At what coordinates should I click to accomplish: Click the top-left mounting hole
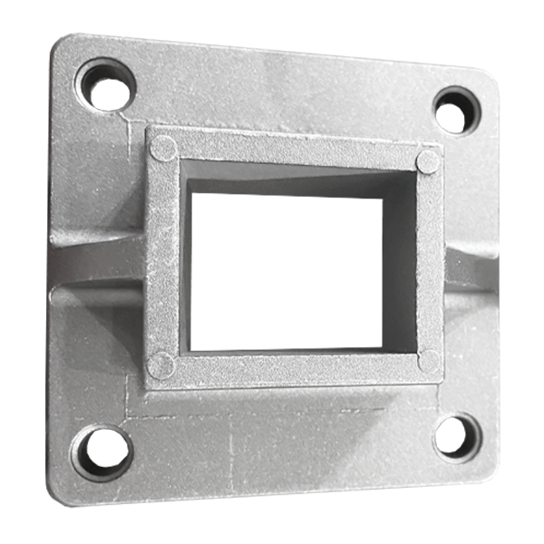tap(106, 85)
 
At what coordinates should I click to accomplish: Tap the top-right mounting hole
tap(455, 110)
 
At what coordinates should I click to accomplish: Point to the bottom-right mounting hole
tap(456, 437)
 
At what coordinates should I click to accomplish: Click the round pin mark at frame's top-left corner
tap(163, 148)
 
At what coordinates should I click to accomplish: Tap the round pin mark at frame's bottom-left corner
tap(160, 364)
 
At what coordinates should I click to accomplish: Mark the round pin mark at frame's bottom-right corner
tap(429, 361)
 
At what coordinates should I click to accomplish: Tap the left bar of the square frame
tap(162, 258)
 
